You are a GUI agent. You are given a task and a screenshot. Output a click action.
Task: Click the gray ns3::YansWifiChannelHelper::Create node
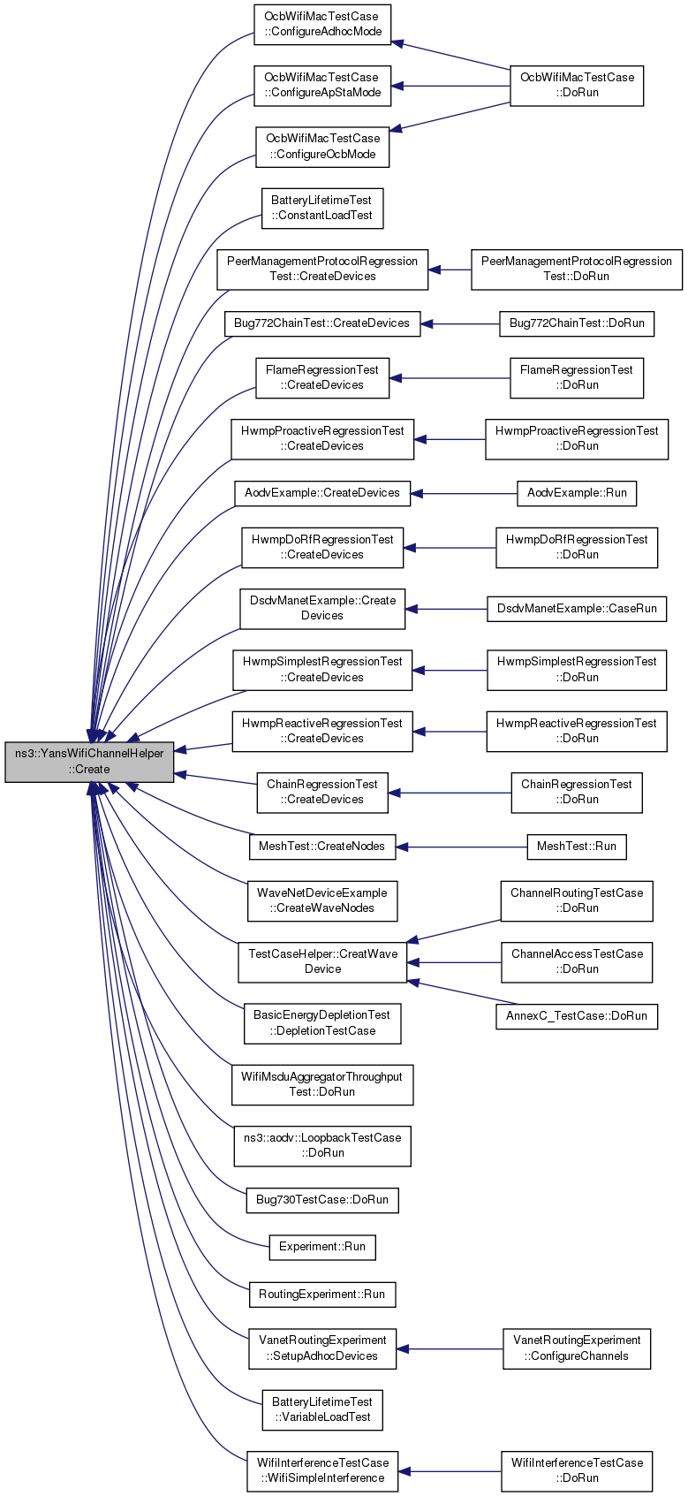coord(89,762)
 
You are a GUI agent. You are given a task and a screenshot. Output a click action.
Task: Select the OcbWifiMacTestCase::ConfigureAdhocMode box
coord(322,25)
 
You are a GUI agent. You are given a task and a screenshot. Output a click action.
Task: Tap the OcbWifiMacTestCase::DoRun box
coord(577,86)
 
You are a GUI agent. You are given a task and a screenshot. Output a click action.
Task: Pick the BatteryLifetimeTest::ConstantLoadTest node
coord(322,209)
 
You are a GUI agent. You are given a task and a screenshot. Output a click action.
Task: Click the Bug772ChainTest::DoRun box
coord(577,324)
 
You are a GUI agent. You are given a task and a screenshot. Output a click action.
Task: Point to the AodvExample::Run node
coord(577,494)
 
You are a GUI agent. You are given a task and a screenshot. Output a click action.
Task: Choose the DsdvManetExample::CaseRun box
coord(577,609)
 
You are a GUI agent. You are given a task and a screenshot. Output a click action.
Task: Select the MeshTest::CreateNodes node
coord(322,847)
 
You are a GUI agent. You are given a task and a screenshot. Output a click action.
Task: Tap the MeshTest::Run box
coord(577,847)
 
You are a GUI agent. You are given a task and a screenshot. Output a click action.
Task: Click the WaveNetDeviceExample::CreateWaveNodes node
coord(322,901)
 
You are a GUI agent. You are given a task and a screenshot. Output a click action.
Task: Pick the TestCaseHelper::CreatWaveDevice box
coord(322,962)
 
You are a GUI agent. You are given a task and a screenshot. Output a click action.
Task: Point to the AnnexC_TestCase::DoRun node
coord(577,1016)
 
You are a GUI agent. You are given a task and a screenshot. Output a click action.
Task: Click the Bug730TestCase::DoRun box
coord(322,1200)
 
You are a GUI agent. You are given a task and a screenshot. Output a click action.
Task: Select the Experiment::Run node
coord(322,1248)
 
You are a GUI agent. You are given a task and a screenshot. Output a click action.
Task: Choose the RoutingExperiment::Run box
coord(322,1295)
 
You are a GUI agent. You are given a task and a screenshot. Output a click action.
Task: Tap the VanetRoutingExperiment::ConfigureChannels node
coord(577,1349)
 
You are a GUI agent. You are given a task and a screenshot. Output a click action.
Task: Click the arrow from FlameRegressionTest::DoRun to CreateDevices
coord(450,379)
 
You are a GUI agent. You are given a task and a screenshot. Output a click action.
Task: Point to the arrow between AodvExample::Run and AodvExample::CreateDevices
coord(464,494)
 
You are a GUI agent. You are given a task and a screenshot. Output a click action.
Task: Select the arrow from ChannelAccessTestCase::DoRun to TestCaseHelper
coord(454,962)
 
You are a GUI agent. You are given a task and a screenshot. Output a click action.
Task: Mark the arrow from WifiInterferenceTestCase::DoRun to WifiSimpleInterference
coord(450,1471)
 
